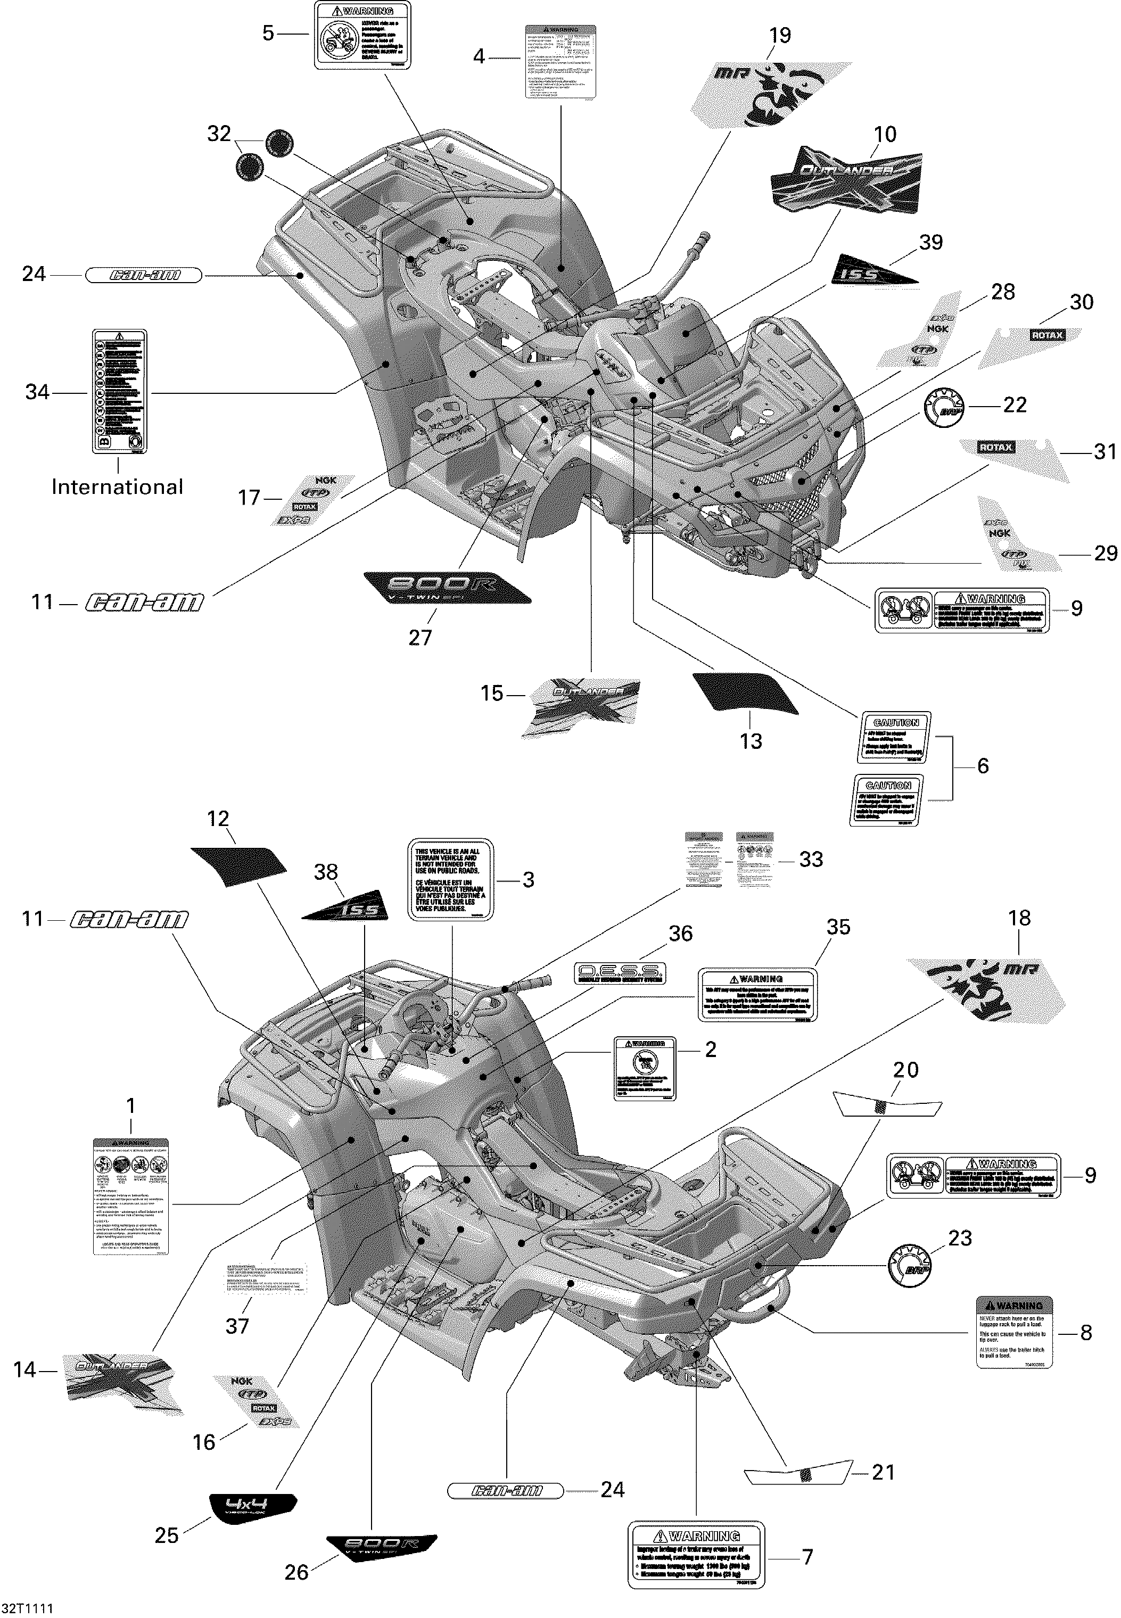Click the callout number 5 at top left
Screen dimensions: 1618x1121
pyautogui.click(x=268, y=33)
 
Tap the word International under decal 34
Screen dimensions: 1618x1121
pyautogui.click(x=117, y=488)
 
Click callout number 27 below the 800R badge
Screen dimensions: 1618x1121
pyautogui.click(x=420, y=638)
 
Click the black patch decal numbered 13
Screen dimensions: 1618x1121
pyautogui.click(x=745, y=692)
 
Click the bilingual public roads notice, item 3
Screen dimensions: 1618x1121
pyautogui.click(x=451, y=879)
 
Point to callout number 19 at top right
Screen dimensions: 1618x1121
pyautogui.click(x=780, y=35)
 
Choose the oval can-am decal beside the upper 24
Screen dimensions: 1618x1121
pyautogui.click(x=143, y=275)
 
